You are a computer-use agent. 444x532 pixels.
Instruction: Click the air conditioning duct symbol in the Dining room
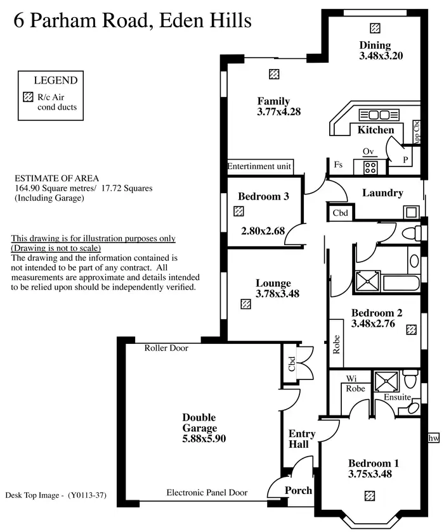pyautogui.click(x=375, y=28)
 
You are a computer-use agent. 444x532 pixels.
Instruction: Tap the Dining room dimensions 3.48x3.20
pyautogui.click(x=381, y=55)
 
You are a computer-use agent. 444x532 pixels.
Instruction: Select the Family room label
pyautogui.click(x=273, y=101)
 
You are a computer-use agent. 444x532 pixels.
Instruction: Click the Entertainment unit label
pyautogui.click(x=259, y=166)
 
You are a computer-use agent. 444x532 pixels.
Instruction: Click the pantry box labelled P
pyautogui.click(x=406, y=160)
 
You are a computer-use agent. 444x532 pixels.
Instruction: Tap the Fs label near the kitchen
pyautogui.click(x=338, y=165)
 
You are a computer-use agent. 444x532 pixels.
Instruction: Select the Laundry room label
pyautogui.click(x=382, y=193)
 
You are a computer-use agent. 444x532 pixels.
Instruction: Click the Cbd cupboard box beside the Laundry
pyautogui.click(x=340, y=213)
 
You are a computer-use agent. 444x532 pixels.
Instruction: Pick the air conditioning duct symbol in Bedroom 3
pyautogui.click(x=239, y=211)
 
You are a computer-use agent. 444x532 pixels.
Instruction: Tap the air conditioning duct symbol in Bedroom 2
pyautogui.click(x=412, y=329)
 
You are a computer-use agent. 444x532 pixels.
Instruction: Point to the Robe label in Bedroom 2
pyautogui.click(x=336, y=344)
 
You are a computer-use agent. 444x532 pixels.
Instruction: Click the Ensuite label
pyautogui.click(x=398, y=397)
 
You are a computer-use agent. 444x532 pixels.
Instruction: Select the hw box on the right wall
pyautogui.click(x=434, y=438)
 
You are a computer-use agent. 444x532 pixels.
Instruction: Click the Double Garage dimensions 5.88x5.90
pyautogui.click(x=204, y=438)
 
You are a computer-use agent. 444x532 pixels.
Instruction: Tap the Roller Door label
pyautogui.click(x=166, y=348)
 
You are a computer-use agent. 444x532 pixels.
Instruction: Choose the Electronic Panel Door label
pyautogui.click(x=207, y=492)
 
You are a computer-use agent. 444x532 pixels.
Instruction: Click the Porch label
pyautogui.click(x=297, y=490)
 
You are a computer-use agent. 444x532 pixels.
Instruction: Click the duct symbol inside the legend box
pyautogui.click(x=27, y=98)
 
